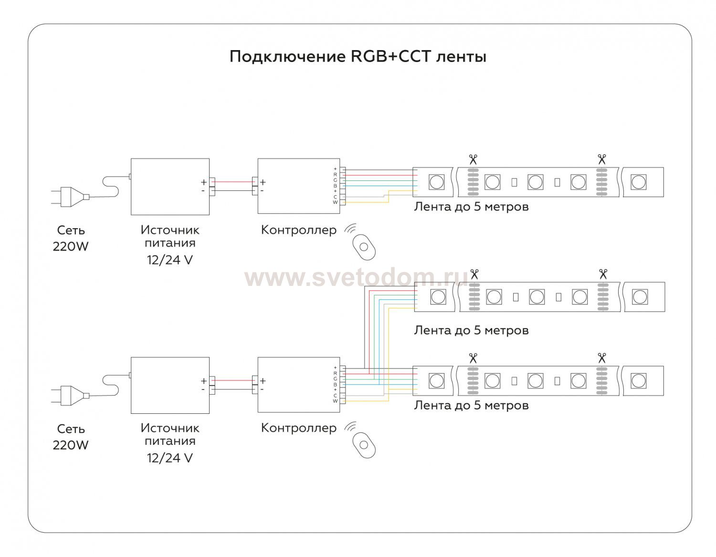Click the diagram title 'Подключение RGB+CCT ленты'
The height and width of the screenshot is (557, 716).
358,57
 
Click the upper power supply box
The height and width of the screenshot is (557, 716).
170,187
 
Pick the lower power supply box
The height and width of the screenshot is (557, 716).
170,385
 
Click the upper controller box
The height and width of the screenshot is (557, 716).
298,186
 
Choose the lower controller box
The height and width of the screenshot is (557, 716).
298,385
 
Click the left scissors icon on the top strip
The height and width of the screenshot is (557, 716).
473,159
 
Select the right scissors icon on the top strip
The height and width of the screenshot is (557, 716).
601,159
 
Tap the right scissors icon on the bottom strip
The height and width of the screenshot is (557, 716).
601,357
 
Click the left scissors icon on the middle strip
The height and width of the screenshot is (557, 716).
474,274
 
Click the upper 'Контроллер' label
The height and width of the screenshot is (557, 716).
299,230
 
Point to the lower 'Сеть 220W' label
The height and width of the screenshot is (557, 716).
71,437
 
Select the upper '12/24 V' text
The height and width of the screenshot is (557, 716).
170,260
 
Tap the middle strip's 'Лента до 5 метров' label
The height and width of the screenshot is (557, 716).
471,330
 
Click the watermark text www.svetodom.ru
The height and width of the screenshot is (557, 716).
356,278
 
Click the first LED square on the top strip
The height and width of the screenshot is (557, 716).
436,182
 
